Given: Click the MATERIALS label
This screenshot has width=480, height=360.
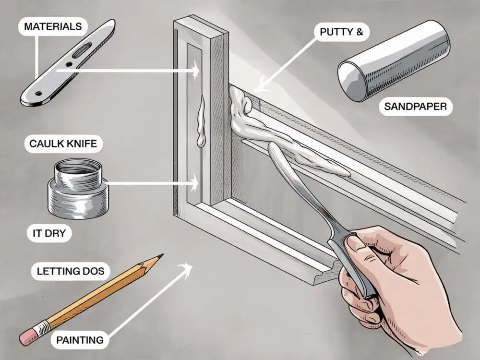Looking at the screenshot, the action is click(53, 26).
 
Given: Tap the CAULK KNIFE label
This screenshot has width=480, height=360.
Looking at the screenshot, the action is click(63, 143).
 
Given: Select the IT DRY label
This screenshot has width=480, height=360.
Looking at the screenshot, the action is click(49, 233).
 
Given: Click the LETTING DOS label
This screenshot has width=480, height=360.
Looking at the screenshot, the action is click(71, 271).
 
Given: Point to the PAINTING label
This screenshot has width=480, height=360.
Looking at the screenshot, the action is click(80, 340).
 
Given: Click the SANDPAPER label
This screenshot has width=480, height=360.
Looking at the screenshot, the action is click(415, 107).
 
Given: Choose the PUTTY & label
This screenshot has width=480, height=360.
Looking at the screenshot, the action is click(341, 32).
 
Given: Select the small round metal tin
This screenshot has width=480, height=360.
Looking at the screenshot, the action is click(78, 188).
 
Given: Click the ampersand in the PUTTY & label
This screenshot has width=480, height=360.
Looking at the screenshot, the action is click(360, 32).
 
